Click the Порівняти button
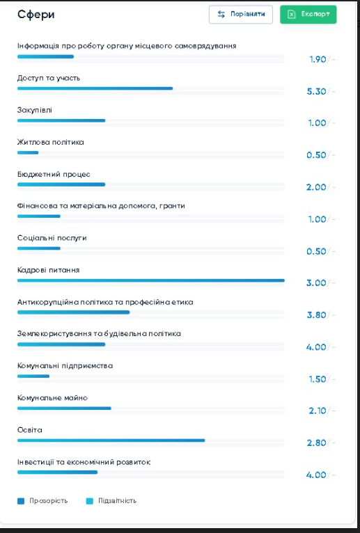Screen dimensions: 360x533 pyautogui.click(x=241, y=15)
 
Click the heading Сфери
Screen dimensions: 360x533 pyautogui.click(x=36, y=15)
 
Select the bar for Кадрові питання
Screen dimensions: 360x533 pyautogui.click(x=150, y=280)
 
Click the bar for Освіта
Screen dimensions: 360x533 pyautogui.click(x=111, y=440)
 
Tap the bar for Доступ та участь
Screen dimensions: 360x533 pyautogui.click(x=95, y=88)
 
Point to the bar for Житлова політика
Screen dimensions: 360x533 pyautogui.click(x=28, y=152)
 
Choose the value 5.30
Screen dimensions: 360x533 pyautogui.click(x=316, y=91)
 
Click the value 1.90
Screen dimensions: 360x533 pyautogui.click(x=318, y=59)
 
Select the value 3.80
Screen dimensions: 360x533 pyautogui.click(x=316, y=315)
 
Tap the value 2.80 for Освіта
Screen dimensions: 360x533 pyautogui.click(x=316, y=443)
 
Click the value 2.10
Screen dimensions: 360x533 pyautogui.click(x=318, y=411)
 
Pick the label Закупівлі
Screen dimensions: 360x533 pyautogui.click(x=35, y=111)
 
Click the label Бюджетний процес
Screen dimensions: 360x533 pyautogui.click(x=54, y=175)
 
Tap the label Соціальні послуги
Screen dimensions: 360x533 pyautogui.click(x=52, y=238)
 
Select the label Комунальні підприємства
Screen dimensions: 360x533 pyautogui.click(x=65, y=366)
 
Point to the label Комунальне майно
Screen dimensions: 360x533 pyautogui.click(x=52, y=398)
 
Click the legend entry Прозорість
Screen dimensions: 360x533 pyautogui.click(x=42, y=501)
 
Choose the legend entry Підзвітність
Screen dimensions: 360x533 pyautogui.click(x=111, y=501)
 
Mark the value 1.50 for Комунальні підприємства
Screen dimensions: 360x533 pyautogui.click(x=318, y=379)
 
